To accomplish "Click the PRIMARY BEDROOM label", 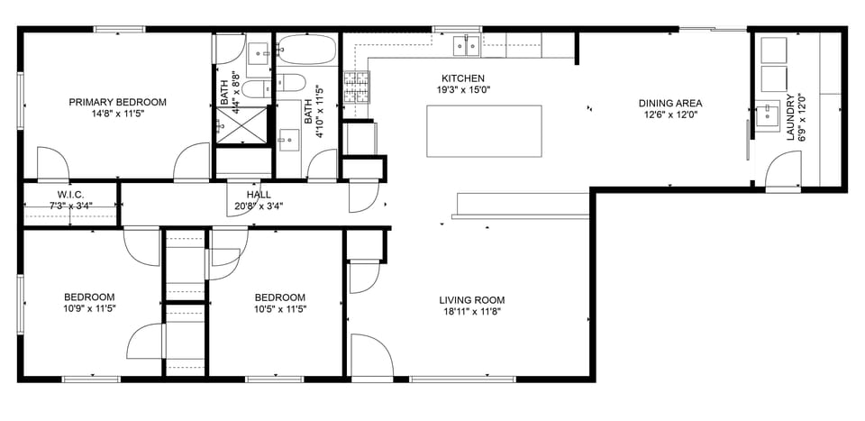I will [118, 102].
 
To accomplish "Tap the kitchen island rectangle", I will [484, 132].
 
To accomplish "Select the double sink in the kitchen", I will [466, 43].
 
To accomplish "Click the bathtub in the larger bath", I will [306, 50].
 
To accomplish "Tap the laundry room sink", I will [768, 115].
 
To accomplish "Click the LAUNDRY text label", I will [790, 117].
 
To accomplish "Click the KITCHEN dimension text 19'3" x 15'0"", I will [463, 90].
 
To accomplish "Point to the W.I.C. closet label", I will [70, 194].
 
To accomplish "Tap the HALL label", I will [259, 194].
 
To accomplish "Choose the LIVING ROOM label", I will [471, 300].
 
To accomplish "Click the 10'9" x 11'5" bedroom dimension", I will [88, 309].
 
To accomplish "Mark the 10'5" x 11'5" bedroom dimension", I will [279, 309].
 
